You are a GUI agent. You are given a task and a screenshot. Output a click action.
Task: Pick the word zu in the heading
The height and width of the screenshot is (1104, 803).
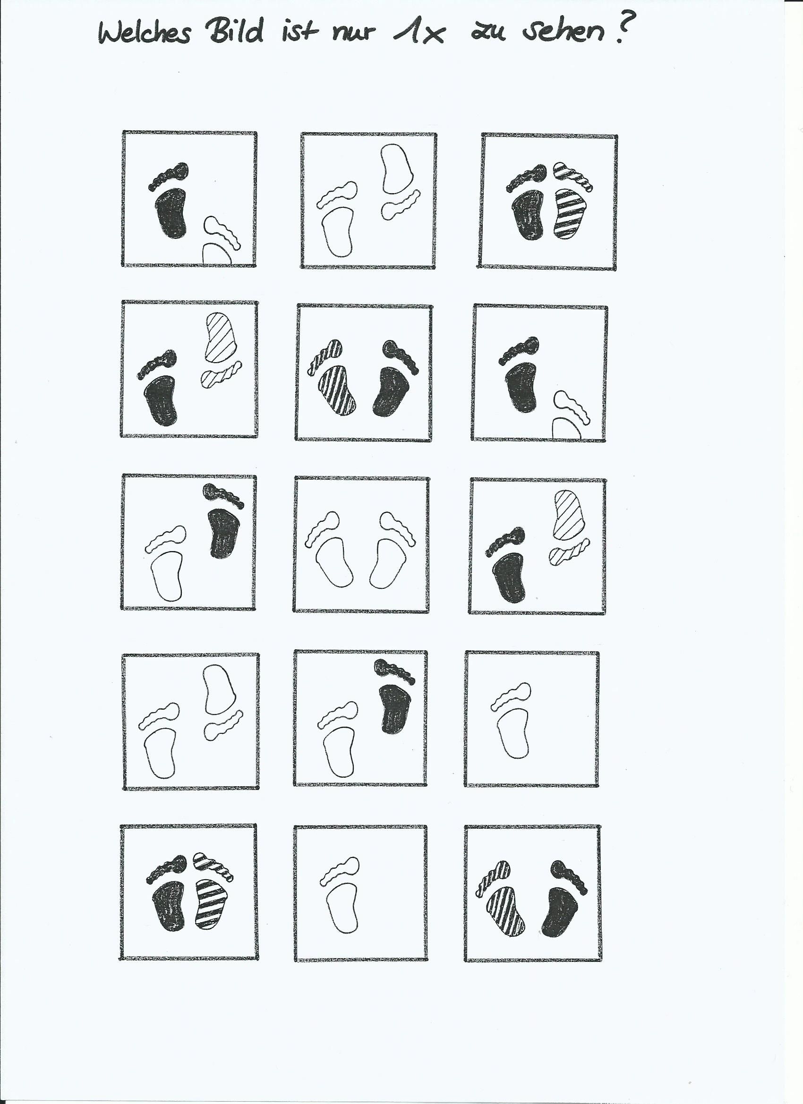488,33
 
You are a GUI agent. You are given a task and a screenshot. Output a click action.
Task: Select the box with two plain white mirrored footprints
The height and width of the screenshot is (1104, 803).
361,544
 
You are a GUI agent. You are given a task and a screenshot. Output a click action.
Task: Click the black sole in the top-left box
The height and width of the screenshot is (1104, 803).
171,213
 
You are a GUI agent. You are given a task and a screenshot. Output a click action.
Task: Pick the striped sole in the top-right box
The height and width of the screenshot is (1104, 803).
571,214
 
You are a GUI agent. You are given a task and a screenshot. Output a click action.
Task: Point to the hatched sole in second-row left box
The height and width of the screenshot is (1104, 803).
222,337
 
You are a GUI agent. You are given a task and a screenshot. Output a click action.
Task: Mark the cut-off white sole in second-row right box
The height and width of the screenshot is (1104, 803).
566,429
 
